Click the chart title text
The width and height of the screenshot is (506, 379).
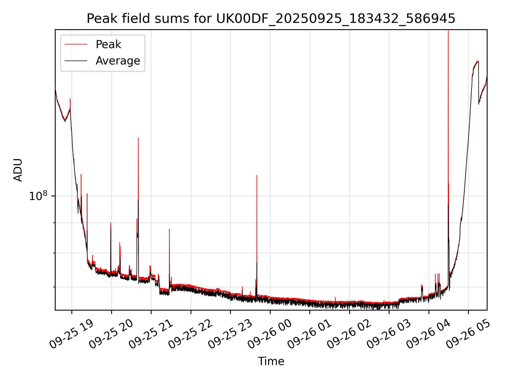[x=271, y=19]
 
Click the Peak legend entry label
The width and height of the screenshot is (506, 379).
[x=108, y=44]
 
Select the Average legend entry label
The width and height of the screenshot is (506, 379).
[x=118, y=61]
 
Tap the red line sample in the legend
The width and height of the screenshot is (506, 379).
[x=76, y=44]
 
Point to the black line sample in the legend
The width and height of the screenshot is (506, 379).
[x=76, y=61]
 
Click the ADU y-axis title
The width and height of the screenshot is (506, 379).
[x=18, y=170]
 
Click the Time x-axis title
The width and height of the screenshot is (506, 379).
[x=271, y=361]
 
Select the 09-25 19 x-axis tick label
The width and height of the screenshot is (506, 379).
[x=71, y=334]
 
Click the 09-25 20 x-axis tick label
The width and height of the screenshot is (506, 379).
[x=111, y=334]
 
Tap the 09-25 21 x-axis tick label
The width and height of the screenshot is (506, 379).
[x=151, y=334]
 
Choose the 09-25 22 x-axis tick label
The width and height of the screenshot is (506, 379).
[x=190, y=334]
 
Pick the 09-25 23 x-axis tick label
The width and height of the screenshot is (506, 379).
[x=230, y=334]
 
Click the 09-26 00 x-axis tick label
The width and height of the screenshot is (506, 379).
[x=270, y=334]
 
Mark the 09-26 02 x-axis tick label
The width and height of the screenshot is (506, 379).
[x=349, y=334]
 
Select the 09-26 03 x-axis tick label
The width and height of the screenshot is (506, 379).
[x=389, y=334]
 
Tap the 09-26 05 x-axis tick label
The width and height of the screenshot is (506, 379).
[x=468, y=334]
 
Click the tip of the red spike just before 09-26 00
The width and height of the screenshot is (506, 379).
[x=257, y=175]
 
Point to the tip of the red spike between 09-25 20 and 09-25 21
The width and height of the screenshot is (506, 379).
[x=138, y=138]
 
